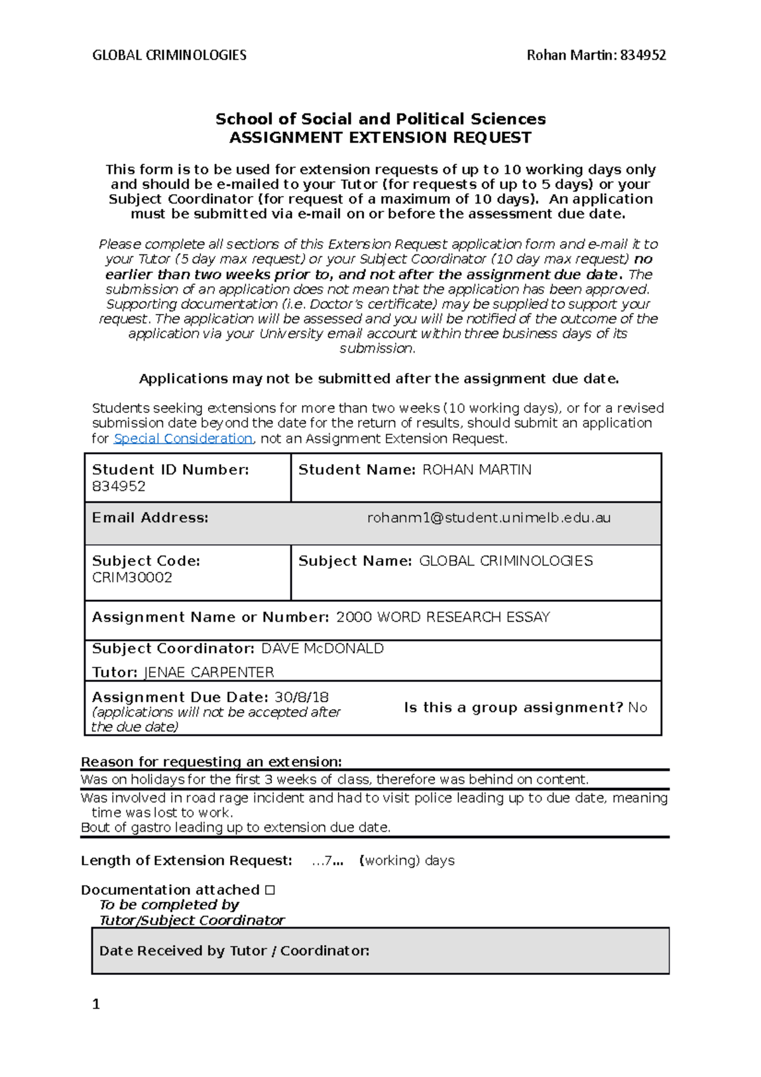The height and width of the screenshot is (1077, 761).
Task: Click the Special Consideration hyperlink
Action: (x=183, y=438)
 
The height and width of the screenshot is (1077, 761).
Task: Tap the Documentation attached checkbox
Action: (x=270, y=890)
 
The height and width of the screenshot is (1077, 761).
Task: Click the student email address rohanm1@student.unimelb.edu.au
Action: (x=489, y=518)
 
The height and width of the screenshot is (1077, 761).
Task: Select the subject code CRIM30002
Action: (x=132, y=577)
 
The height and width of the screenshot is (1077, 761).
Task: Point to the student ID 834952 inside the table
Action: (x=119, y=486)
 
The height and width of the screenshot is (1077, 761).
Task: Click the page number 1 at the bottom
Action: (x=96, y=1004)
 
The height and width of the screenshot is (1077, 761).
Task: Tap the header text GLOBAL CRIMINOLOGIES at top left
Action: (x=169, y=55)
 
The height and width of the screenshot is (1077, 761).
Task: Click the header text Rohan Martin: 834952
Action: (x=596, y=55)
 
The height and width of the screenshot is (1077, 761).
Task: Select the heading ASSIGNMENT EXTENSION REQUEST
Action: (x=380, y=138)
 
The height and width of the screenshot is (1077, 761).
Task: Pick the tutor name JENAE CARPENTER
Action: (x=209, y=672)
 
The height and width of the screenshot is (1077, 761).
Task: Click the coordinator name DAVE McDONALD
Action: (x=322, y=648)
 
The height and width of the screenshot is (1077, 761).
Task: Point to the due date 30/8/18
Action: (x=301, y=697)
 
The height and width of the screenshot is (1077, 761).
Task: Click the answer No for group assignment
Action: (x=637, y=707)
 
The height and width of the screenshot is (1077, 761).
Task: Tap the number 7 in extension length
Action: (x=328, y=861)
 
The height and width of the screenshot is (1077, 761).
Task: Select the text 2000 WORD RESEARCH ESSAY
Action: (x=443, y=617)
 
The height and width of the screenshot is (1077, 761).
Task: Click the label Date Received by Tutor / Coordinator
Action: (x=234, y=951)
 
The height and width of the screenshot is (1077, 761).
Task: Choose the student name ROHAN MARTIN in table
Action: (x=477, y=470)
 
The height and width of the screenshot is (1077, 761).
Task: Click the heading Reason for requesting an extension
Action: (x=211, y=762)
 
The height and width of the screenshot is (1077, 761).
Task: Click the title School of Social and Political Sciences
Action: (x=380, y=119)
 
